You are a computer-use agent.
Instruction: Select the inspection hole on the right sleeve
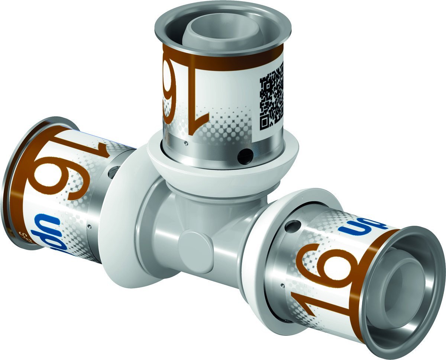click(293, 225)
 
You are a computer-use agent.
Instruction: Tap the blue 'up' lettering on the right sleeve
click(362, 228)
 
